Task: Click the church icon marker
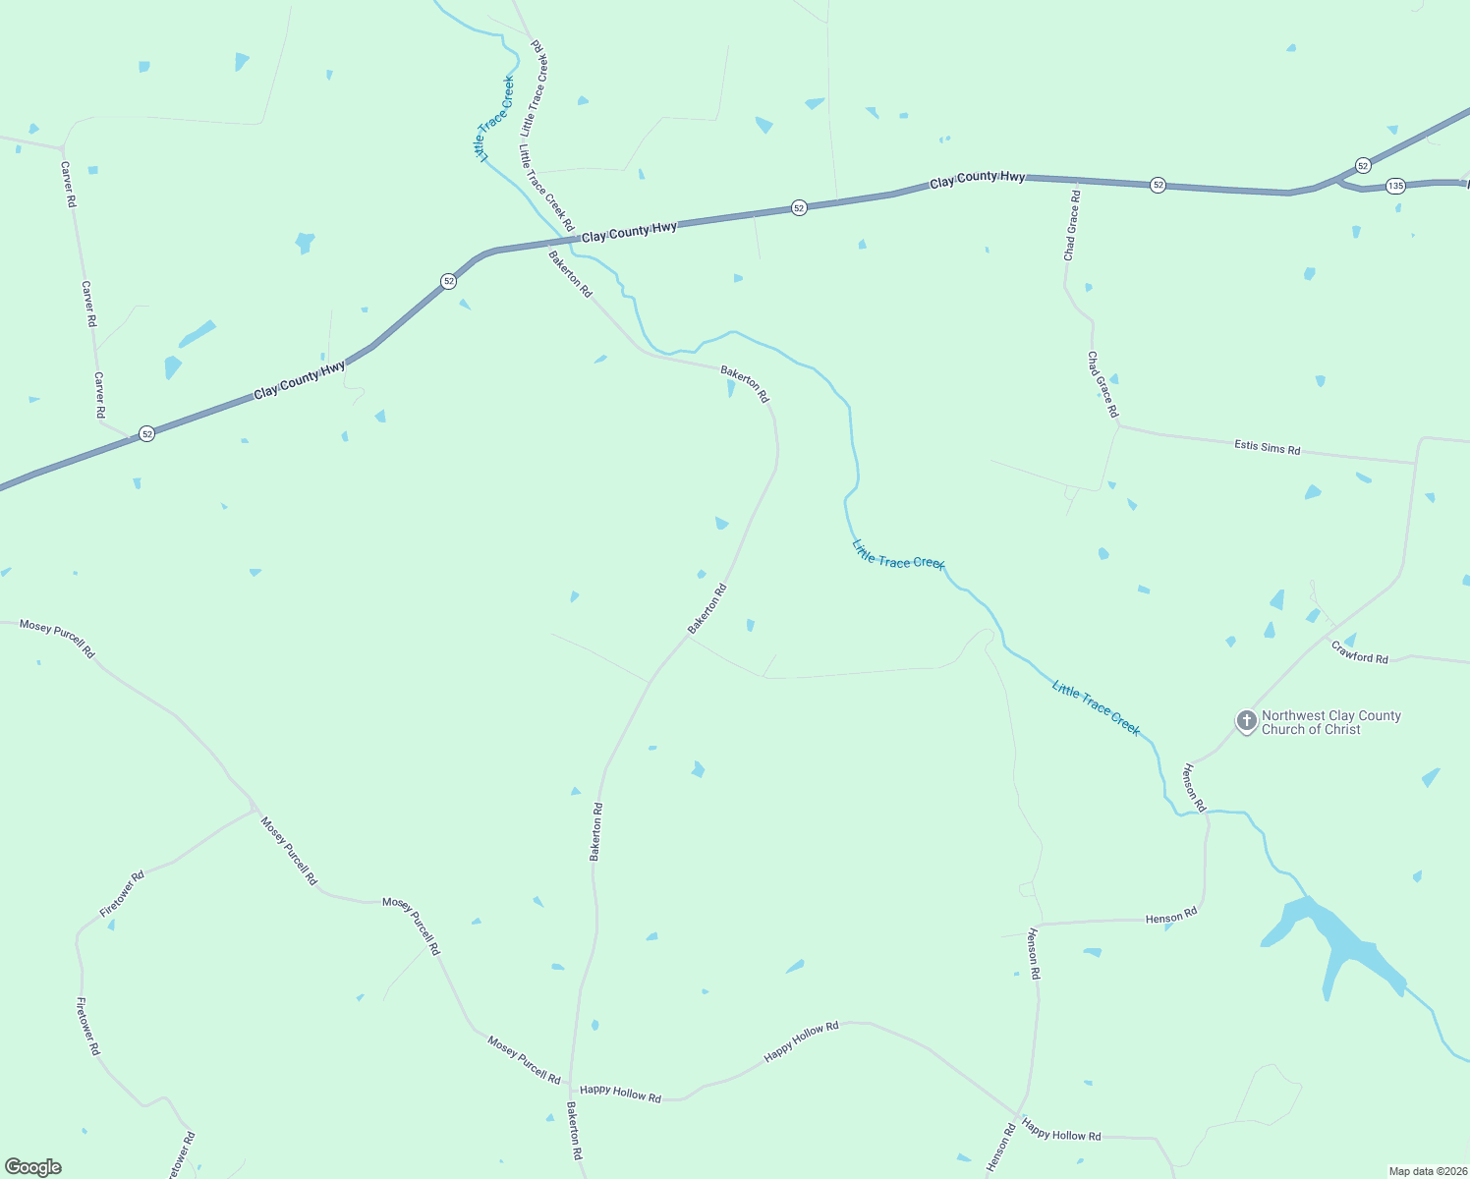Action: [x=1246, y=722]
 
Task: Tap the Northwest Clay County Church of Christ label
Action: [x=1330, y=723]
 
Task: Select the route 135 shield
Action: [x=1395, y=186]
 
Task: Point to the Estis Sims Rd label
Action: [x=1267, y=447]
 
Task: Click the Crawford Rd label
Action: [x=1359, y=652]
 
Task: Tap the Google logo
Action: [x=33, y=1167]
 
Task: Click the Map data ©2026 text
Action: [x=1427, y=1171]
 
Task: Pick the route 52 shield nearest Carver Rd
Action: [x=146, y=433]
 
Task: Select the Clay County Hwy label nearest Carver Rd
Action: [x=300, y=379]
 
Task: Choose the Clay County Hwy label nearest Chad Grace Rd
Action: [x=978, y=178]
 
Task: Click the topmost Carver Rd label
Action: [x=68, y=185]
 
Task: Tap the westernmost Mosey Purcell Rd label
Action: [x=57, y=638]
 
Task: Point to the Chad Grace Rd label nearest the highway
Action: [x=1071, y=226]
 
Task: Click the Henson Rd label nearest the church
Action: [x=1193, y=787]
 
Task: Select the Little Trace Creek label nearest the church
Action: [x=1096, y=707]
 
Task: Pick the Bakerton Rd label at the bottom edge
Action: [x=574, y=1130]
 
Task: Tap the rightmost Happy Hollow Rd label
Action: [x=1060, y=1129]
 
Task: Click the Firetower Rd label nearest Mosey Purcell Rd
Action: [x=122, y=894]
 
